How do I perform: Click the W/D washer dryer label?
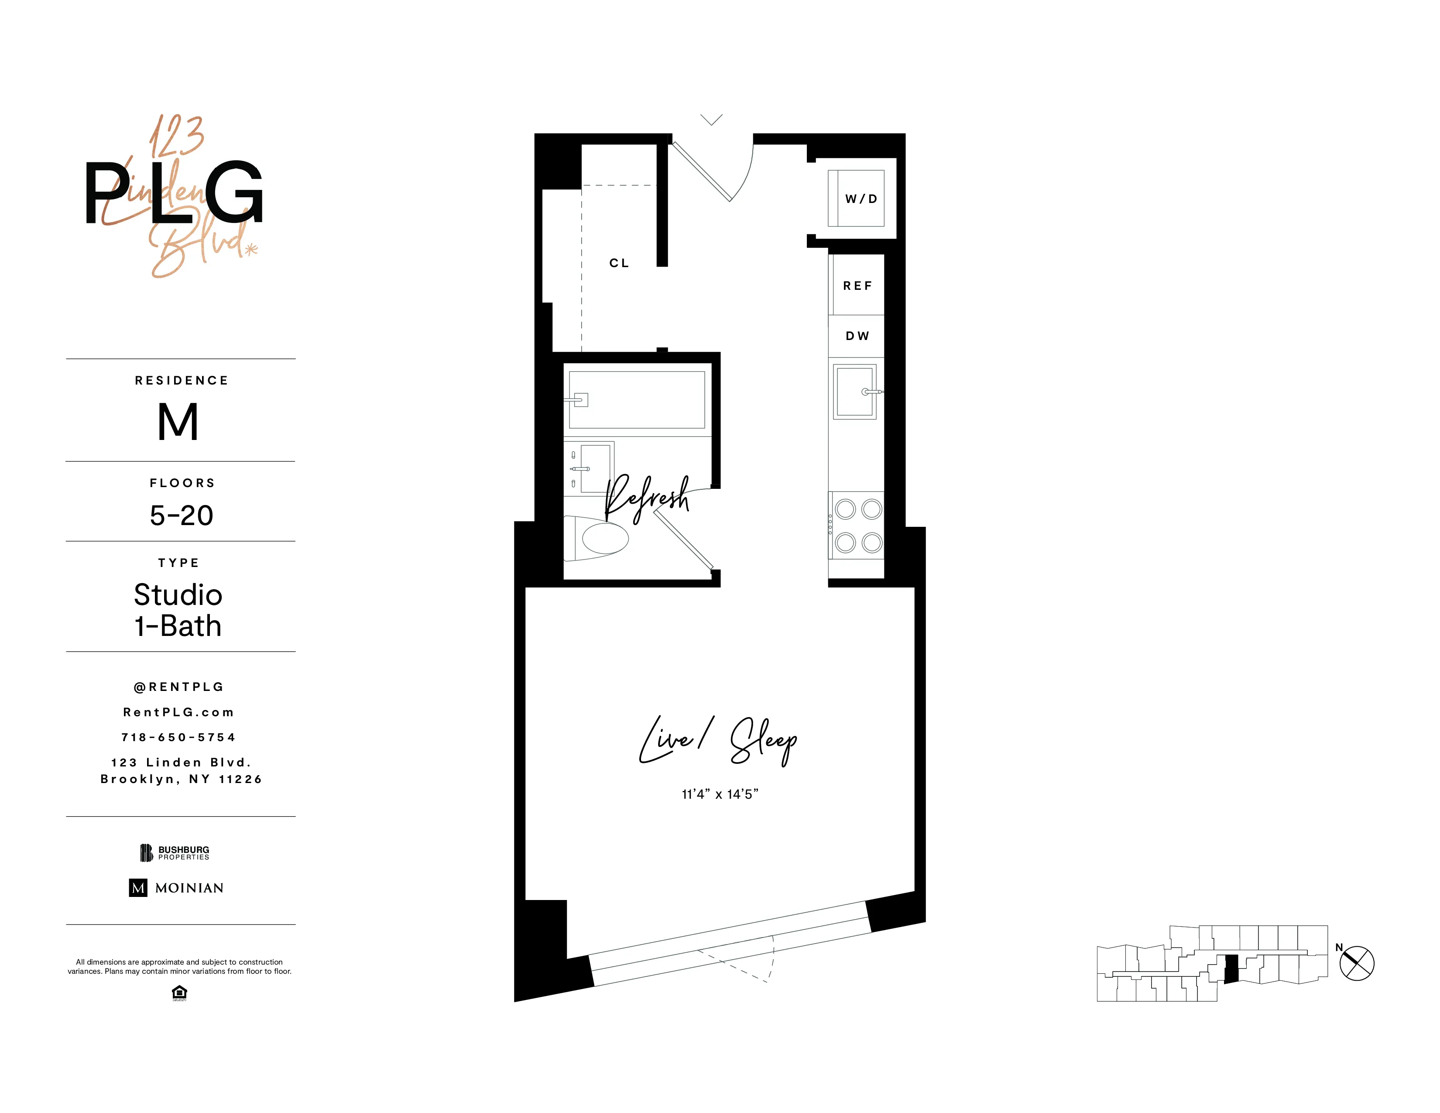(x=861, y=199)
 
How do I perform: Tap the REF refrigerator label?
(x=857, y=285)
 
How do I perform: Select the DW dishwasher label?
(x=857, y=336)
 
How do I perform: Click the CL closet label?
(x=618, y=263)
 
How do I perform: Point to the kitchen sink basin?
(x=854, y=391)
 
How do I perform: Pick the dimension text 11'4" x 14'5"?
(x=720, y=794)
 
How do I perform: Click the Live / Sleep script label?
(x=719, y=740)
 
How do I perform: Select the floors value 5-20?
(x=182, y=515)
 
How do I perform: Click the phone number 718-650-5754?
(x=178, y=737)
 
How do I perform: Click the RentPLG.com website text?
(x=178, y=712)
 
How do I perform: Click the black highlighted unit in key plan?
(x=1231, y=969)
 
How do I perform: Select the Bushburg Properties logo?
(x=175, y=852)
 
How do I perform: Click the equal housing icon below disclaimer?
(x=179, y=993)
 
